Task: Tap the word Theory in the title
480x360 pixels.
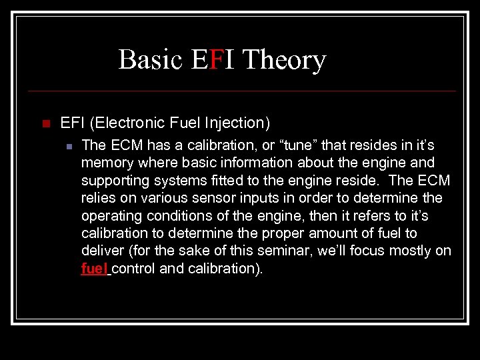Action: pyautogui.click(x=284, y=60)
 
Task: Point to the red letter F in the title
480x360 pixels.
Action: pyautogui.click(x=215, y=60)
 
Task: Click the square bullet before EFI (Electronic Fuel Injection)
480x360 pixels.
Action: pyautogui.click(x=45, y=123)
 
